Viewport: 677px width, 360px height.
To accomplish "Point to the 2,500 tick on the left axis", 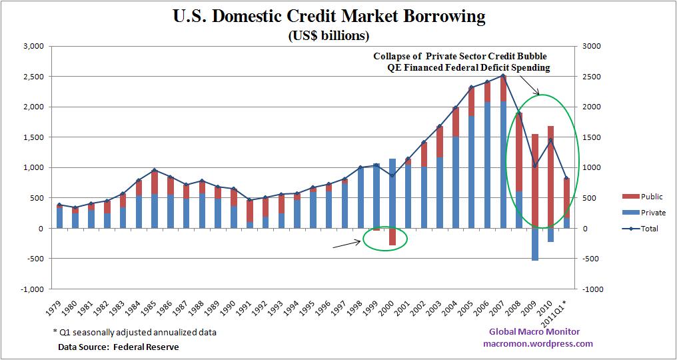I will (33, 77).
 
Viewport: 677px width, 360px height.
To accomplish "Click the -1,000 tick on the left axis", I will (31, 289).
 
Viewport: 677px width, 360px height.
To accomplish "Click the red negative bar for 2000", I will (392, 237).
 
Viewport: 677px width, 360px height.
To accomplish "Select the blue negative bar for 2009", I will (534, 244).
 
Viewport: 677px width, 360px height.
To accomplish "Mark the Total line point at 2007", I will (502, 75).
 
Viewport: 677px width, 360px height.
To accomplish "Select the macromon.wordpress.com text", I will (538, 344).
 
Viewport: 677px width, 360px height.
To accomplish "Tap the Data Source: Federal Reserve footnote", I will (119, 347).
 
